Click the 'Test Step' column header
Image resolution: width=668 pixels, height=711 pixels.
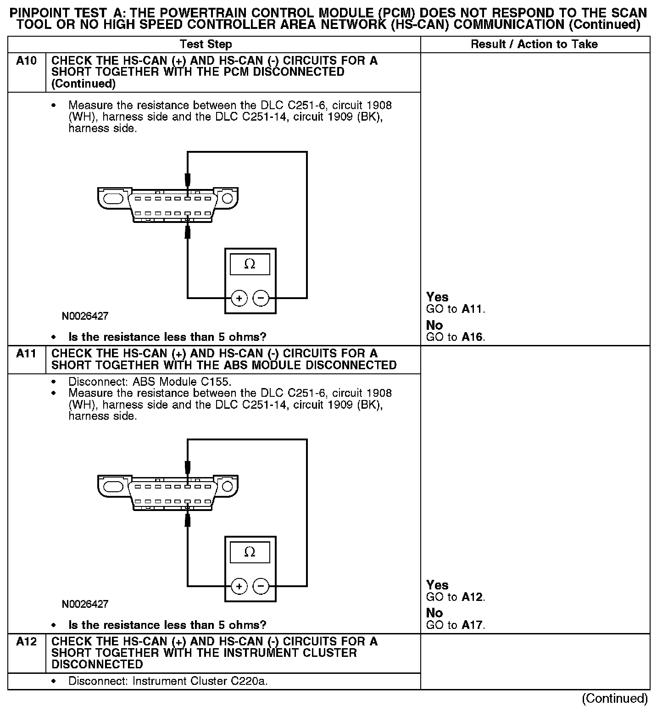click(206, 44)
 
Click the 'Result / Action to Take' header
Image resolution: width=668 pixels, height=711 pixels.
click(534, 44)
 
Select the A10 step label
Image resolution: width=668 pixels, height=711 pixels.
click(26, 61)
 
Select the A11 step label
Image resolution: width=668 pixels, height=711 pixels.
click(26, 354)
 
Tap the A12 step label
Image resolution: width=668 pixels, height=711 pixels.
click(26, 642)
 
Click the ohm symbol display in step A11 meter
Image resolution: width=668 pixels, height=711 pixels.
click(250, 552)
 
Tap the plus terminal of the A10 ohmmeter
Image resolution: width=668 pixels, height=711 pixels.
click(239, 299)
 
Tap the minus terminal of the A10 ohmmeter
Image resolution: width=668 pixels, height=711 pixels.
click(261, 299)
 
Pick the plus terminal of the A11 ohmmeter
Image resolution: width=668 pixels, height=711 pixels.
click(239, 586)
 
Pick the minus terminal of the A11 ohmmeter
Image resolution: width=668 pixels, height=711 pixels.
click(261, 586)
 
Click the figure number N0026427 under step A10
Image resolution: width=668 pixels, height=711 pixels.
click(85, 317)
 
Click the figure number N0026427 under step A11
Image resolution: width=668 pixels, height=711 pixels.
click(85, 604)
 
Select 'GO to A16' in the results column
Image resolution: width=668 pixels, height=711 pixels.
click(455, 337)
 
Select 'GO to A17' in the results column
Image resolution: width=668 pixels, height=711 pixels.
click(455, 625)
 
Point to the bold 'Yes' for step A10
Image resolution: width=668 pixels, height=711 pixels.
click(437, 297)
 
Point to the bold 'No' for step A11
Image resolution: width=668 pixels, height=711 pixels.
click(434, 613)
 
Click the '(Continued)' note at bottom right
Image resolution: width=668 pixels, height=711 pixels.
click(615, 699)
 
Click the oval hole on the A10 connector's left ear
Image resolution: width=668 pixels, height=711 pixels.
click(112, 199)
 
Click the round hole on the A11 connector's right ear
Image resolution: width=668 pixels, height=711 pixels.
click(228, 486)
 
